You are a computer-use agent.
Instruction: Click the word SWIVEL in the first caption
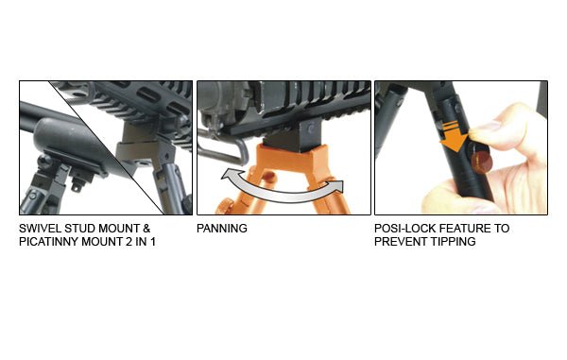tap(40, 229)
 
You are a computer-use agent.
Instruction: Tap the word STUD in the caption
tap(80, 229)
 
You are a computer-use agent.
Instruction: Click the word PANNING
tap(222, 229)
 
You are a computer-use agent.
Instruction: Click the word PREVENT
tap(404, 242)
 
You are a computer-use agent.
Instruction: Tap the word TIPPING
tap(455, 242)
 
